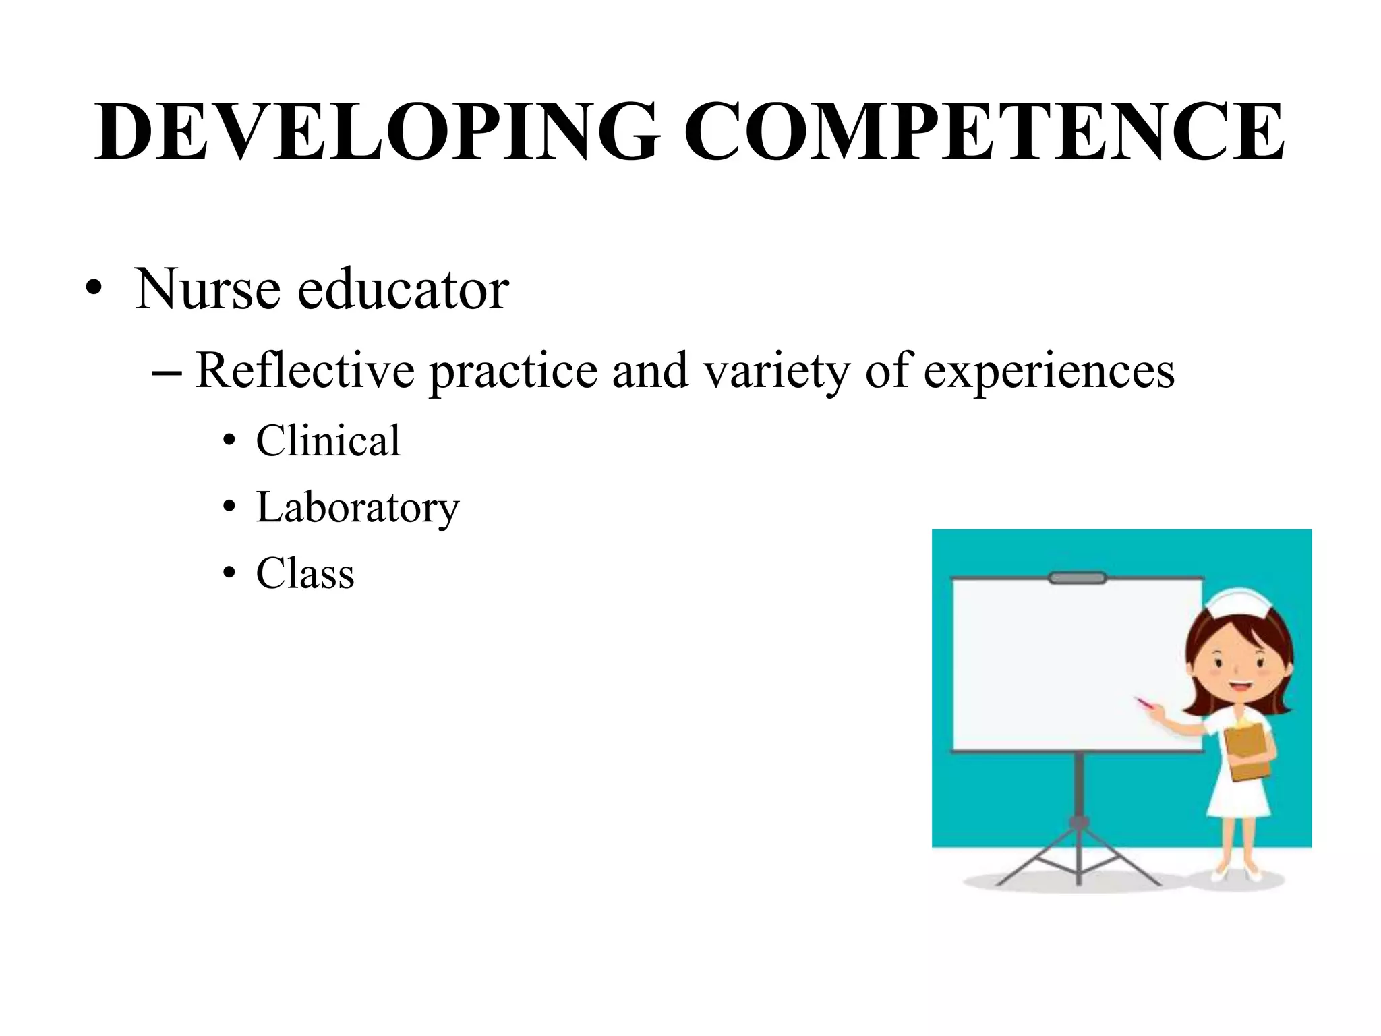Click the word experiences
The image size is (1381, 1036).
(x=1049, y=371)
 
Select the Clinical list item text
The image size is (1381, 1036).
(x=328, y=440)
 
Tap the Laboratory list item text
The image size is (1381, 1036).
(x=357, y=507)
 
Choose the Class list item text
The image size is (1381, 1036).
(x=305, y=573)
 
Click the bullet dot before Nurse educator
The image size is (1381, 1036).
(x=94, y=291)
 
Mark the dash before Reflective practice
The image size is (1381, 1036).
(x=167, y=372)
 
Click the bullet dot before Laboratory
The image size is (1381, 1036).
(x=230, y=508)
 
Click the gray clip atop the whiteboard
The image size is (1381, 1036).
(x=1077, y=578)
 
